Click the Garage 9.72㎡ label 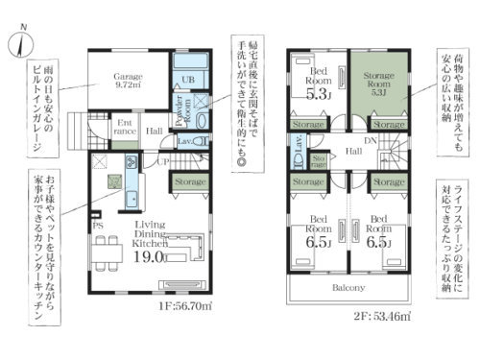(128, 80)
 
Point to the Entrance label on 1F (124, 127)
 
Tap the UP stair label (163, 163)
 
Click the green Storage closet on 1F (190, 180)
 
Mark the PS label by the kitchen (97, 227)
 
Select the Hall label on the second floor (353, 151)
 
